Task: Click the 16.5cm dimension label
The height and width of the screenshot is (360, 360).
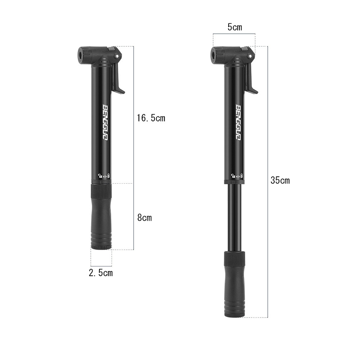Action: pos(151,118)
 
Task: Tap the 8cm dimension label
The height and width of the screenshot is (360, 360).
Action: pos(144,218)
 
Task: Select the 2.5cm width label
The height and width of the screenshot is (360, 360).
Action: pos(101,273)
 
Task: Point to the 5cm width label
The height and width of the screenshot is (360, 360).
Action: pos(235,27)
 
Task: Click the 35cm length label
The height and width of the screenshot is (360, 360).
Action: pos(280,180)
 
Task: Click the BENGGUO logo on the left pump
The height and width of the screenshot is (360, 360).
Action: pos(105,123)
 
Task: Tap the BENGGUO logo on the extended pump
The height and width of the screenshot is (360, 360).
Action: pos(239,122)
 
